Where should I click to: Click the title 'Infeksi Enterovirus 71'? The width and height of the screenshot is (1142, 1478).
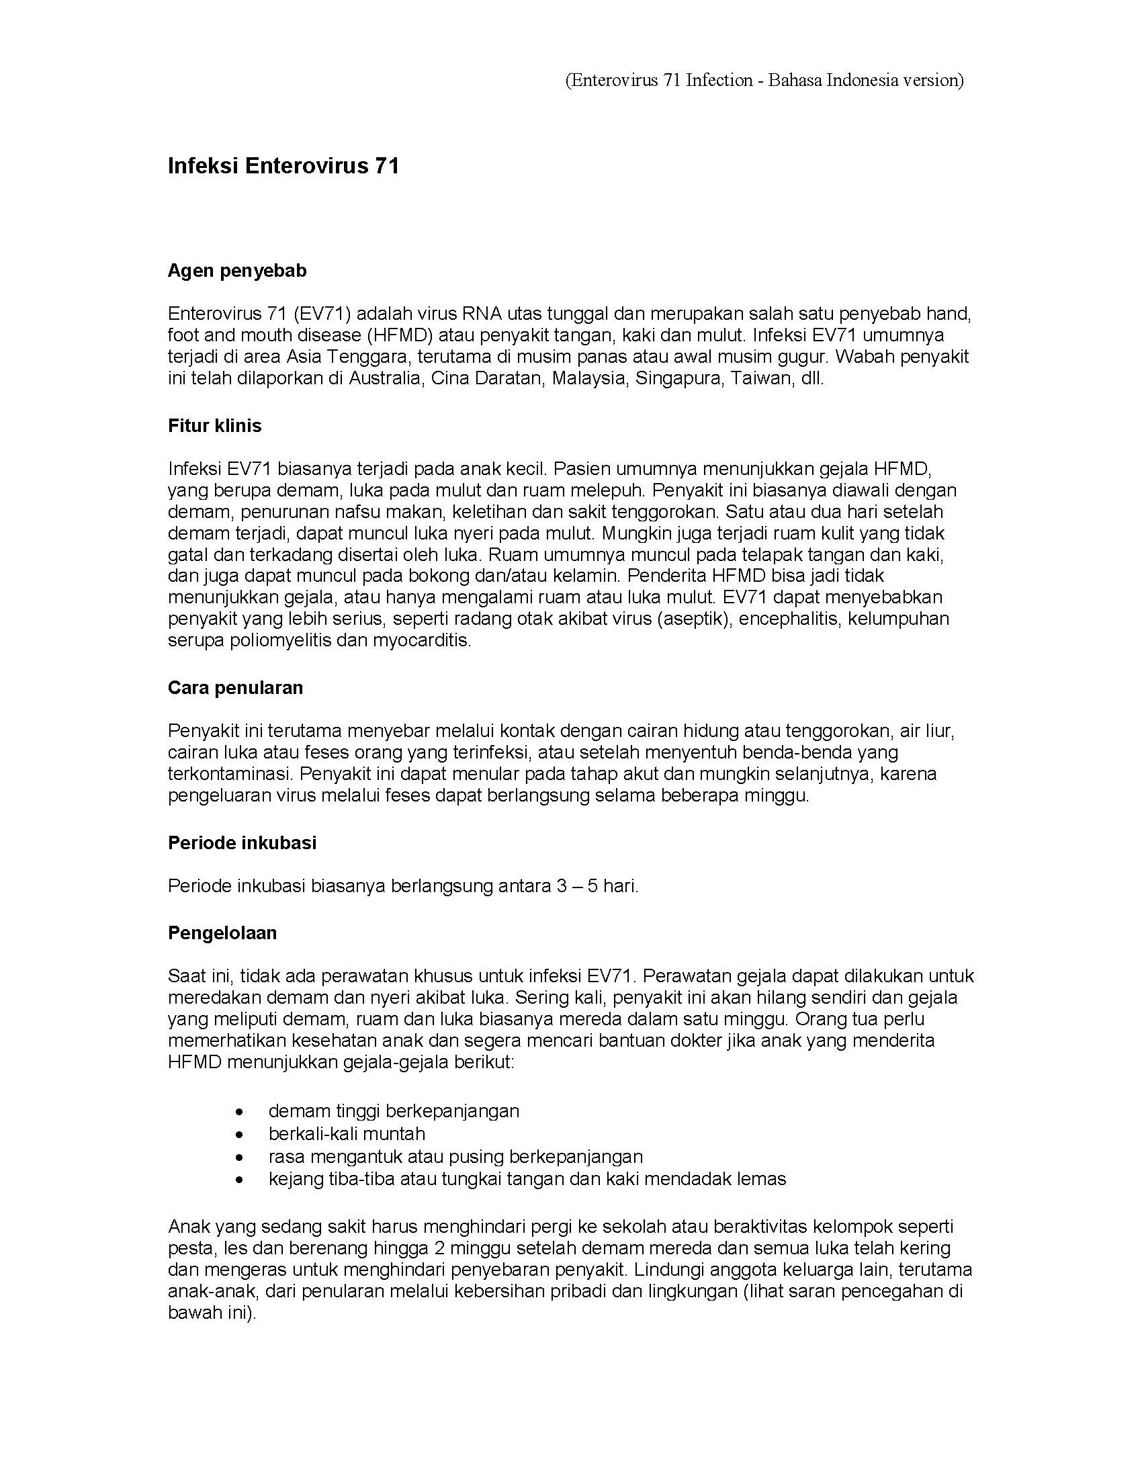click(283, 167)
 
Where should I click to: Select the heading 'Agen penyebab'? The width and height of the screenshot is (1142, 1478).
click(236, 271)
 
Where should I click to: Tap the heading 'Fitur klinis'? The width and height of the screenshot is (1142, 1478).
click(214, 426)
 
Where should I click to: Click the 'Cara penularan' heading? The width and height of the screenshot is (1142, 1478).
click(234, 687)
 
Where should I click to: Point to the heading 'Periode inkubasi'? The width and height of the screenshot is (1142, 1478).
click(242, 842)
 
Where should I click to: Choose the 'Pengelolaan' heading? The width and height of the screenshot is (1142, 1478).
click(222, 932)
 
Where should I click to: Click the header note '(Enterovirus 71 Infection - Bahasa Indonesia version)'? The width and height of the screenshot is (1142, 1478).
click(764, 81)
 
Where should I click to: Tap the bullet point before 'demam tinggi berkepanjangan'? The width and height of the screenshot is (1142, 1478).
click(239, 1111)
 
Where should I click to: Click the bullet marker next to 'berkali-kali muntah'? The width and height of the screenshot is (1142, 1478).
click(239, 1134)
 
